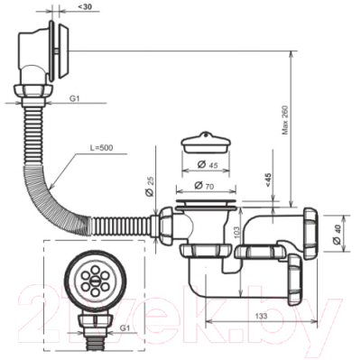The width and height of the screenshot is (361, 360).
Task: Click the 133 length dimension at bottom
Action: (261, 318)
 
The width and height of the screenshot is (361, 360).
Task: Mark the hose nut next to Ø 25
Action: (167, 222)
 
